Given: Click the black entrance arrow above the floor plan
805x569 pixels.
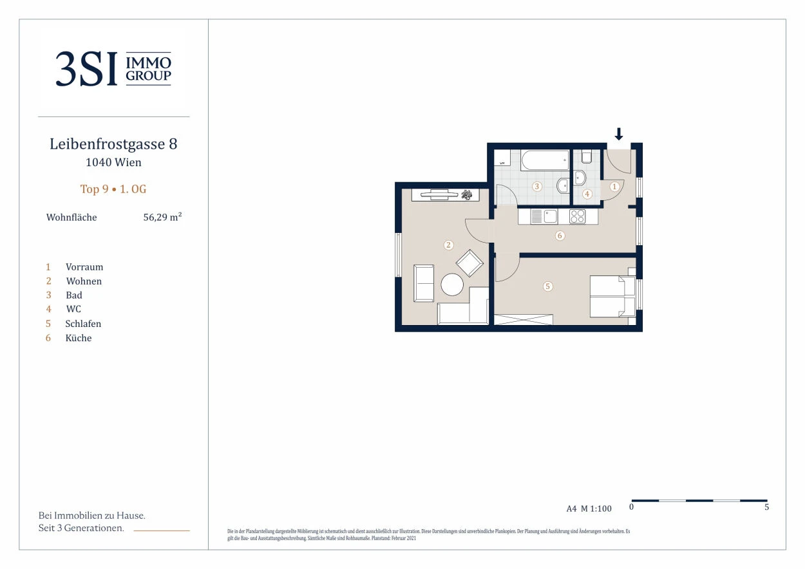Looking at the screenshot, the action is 618,134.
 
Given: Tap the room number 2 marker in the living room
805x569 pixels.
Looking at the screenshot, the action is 448,245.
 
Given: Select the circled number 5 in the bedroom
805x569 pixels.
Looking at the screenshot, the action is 547,286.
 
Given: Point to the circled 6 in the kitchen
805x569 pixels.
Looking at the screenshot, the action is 560,236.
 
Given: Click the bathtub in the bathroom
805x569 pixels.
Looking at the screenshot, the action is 545,160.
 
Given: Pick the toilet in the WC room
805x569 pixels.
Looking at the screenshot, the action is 587,156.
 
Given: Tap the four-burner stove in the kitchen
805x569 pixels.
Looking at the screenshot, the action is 577,217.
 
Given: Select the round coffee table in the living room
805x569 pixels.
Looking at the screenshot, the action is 452,285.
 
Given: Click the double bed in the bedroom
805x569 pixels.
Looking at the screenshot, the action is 612,296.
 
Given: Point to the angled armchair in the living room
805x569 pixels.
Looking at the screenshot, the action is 469,263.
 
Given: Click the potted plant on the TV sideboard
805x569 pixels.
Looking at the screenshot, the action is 467,194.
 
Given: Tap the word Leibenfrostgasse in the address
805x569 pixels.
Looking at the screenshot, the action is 107,144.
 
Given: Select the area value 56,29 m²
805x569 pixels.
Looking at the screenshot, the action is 162,217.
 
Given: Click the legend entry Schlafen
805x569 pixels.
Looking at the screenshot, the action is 83,324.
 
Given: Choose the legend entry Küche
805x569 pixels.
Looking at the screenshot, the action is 79,338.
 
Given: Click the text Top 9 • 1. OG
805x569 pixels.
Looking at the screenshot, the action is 113,189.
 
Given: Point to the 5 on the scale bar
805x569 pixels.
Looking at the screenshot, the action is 766,507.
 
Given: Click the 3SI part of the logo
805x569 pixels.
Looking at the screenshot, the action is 86,69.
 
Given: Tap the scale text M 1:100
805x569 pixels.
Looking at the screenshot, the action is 596,508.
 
